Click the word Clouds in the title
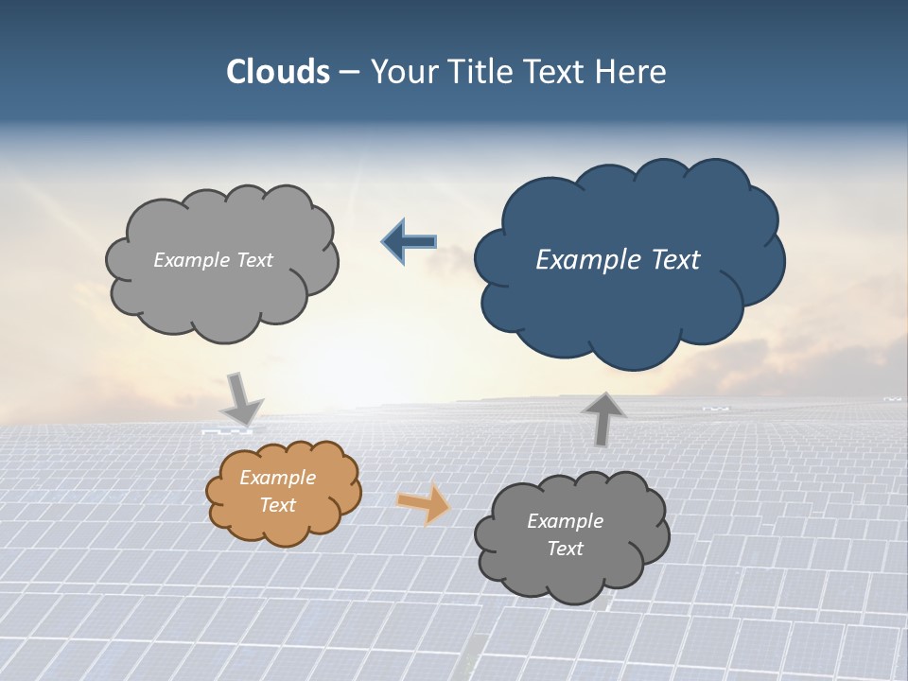coord(277,72)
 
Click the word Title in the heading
coord(478,72)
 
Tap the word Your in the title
coord(401,72)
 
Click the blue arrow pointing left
coord(409,242)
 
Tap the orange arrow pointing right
coord(424,504)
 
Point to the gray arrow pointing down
coord(242,398)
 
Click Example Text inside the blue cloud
coord(618,259)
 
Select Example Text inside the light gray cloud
coord(213,259)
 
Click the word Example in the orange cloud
coord(277,478)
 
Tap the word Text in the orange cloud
coord(277,505)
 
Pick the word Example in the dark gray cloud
coord(565,521)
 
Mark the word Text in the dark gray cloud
coord(565,549)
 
